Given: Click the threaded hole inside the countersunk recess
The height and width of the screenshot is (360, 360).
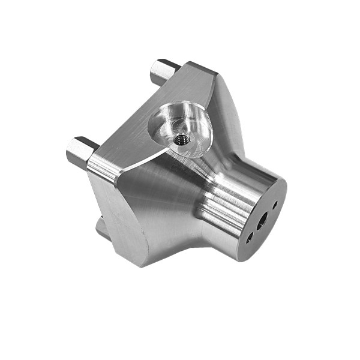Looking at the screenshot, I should (181, 140).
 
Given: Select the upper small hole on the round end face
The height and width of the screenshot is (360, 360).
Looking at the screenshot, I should (275, 205).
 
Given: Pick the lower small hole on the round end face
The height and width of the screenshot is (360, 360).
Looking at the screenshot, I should (248, 238).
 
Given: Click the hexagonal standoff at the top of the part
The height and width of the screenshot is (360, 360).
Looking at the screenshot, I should (163, 71).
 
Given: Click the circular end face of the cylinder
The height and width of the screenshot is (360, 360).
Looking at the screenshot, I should (263, 219).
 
